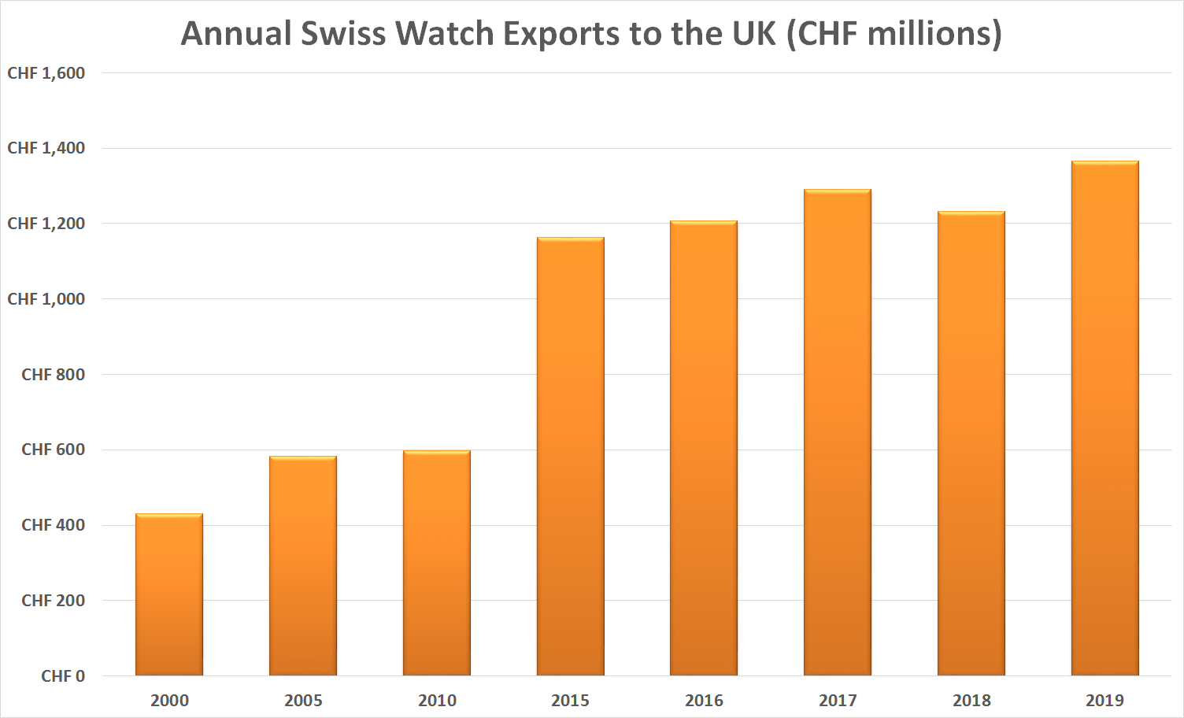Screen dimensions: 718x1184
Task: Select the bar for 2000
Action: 169,594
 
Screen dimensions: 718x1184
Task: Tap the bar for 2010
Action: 437,563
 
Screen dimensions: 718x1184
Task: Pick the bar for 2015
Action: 571,457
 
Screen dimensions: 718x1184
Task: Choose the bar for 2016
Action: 704,449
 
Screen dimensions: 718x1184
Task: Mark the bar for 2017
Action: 838,433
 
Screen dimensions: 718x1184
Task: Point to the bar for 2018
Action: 971,443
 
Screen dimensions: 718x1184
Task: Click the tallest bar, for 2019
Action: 1105,418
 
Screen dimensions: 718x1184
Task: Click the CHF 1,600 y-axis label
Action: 46,73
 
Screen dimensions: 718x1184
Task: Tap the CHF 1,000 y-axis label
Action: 46,299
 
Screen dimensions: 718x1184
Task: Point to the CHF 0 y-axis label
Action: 63,676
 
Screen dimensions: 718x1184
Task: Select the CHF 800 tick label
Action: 54,375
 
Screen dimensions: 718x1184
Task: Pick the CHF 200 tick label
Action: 54,601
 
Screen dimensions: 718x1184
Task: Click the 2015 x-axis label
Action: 571,701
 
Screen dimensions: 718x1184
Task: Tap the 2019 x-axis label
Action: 1105,701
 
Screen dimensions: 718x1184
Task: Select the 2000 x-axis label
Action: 169,701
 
